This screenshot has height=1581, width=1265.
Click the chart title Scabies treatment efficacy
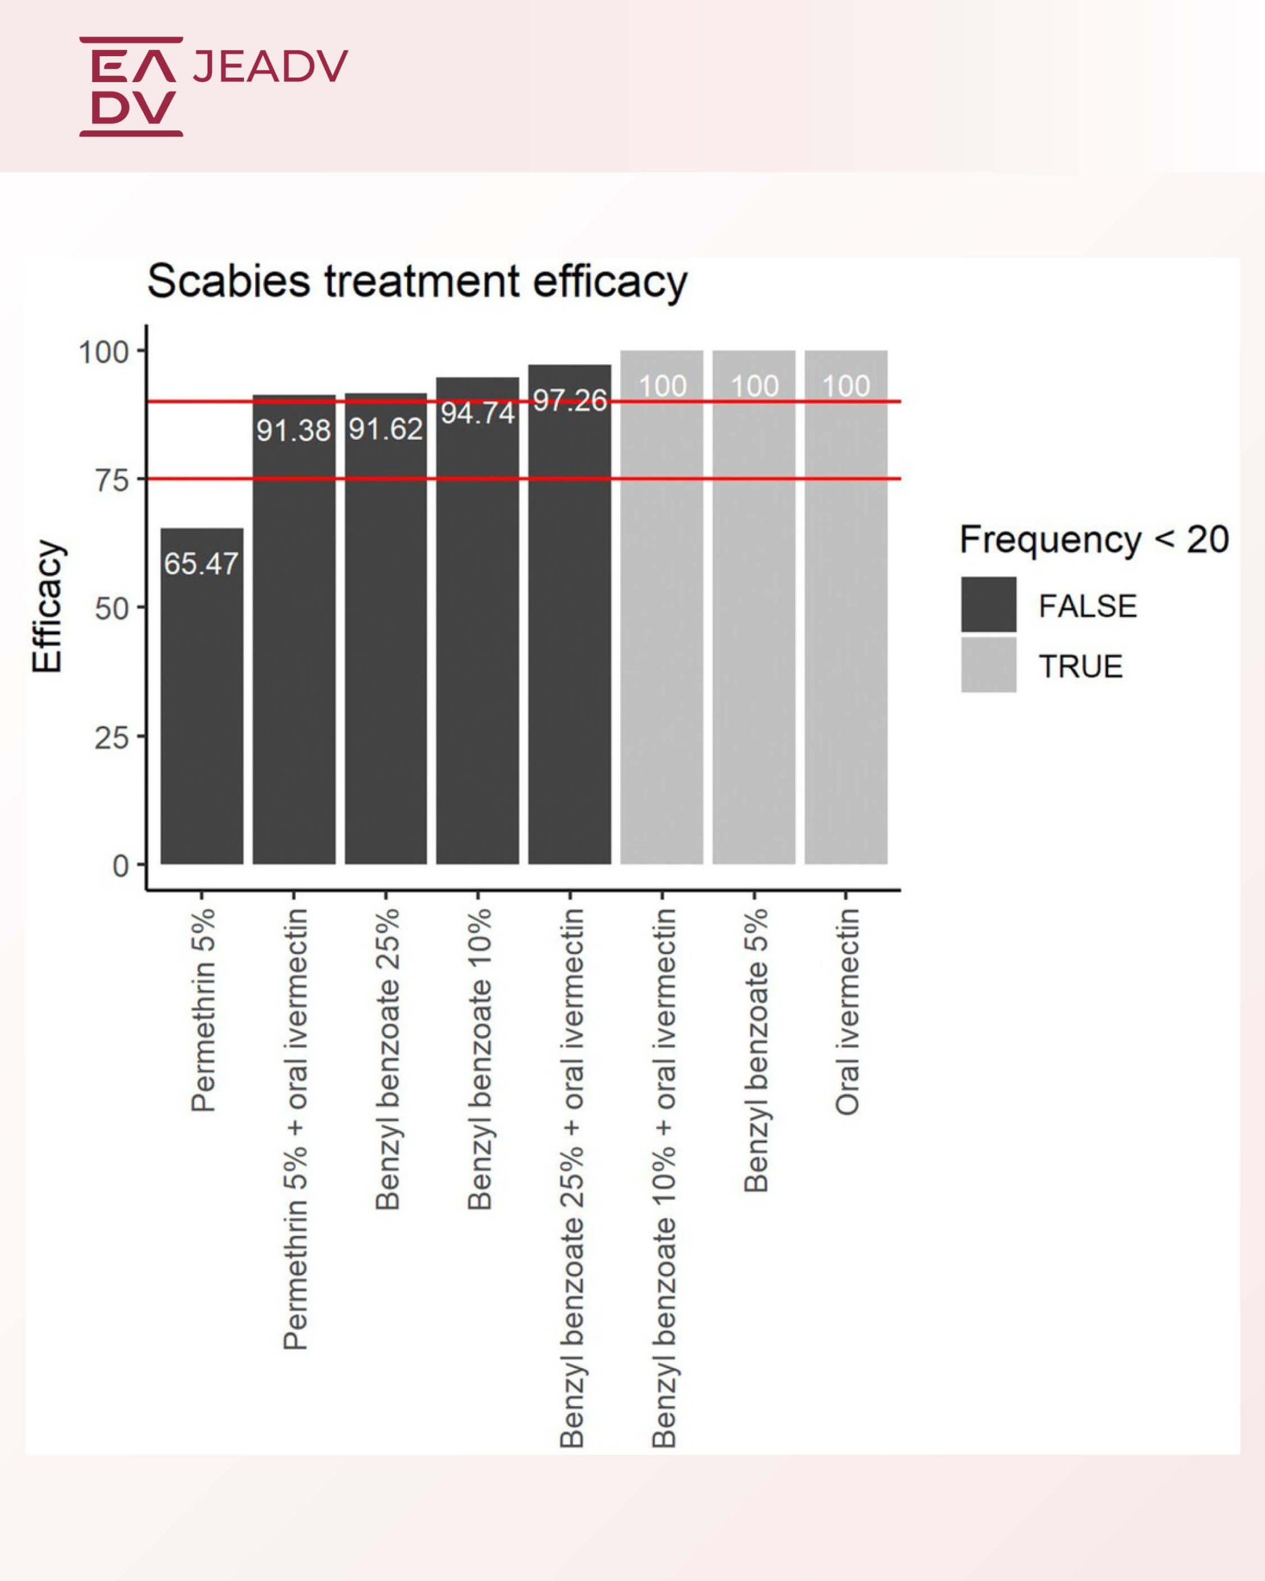[x=416, y=282]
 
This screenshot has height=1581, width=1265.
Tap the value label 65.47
[x=201, y=564]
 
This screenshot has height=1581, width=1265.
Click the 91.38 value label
[x=293, y=430]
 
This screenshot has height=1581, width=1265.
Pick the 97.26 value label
[x=569, y=400]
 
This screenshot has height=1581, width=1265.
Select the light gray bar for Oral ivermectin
[x=846, y=623]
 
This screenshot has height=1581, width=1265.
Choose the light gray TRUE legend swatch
[x=988, y=665]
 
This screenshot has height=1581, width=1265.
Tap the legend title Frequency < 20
[x=1094, y=540]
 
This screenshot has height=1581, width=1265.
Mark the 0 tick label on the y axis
[x=121, y=866]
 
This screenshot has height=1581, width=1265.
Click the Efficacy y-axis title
[x=48, y=607]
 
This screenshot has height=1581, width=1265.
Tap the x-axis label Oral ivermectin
[x=847, y=1012]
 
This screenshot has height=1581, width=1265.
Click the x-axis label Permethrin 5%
[x=203, y=1010]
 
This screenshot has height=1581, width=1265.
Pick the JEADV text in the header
[x=270, y=66]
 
